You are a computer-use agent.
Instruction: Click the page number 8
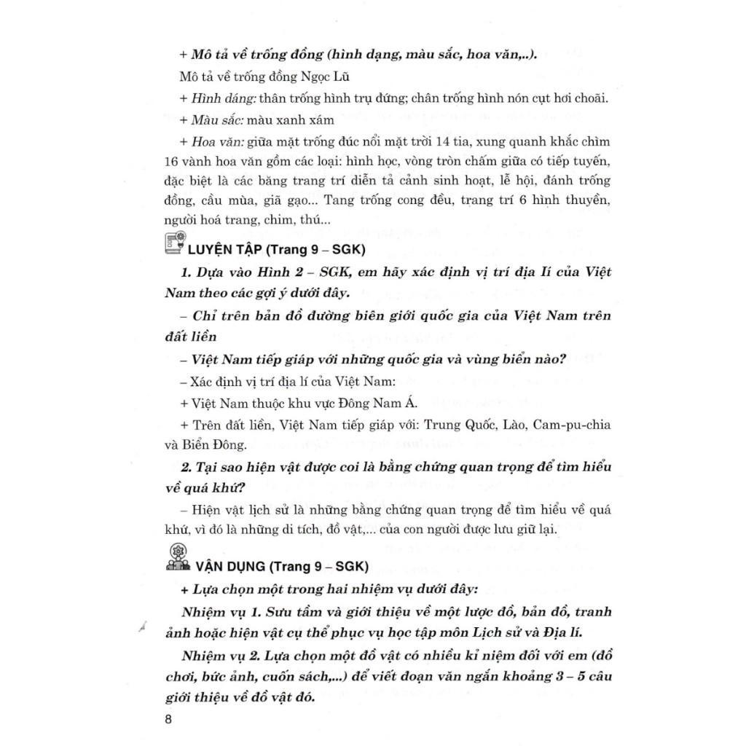168,721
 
